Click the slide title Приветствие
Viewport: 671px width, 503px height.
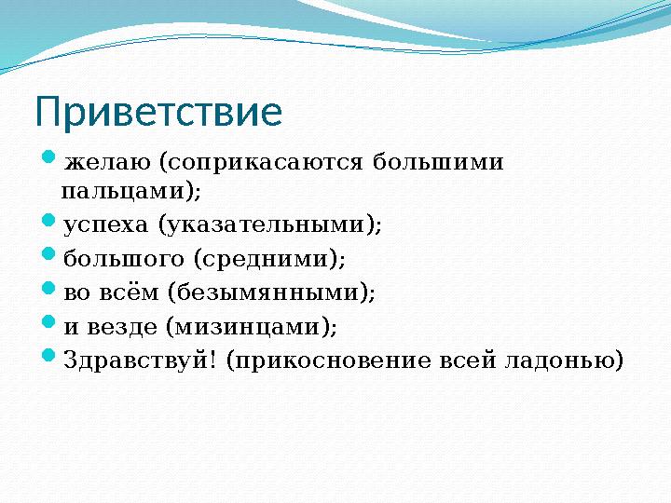point(158,113)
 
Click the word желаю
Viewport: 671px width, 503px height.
point(108,164)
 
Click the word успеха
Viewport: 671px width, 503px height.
point(106,225)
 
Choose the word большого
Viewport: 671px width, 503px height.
point(123,259)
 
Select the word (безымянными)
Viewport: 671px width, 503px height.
point(272,293)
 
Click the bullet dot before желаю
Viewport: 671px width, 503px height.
point(50,161)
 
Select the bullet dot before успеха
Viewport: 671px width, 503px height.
point(50,223)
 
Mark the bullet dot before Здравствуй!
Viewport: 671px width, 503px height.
point(50,358)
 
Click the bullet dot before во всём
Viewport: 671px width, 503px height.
point(50,290)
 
